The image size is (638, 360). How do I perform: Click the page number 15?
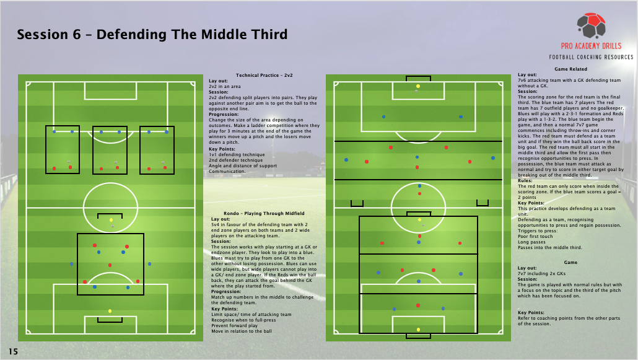13,351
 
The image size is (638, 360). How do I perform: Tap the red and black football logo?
591,25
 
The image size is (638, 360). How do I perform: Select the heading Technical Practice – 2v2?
264,76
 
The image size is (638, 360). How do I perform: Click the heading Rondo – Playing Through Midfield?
264,213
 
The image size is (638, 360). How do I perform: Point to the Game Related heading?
570,69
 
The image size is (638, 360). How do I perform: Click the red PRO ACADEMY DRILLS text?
591,46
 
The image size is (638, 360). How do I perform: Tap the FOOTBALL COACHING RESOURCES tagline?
591,58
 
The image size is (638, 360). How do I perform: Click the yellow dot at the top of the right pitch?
418,86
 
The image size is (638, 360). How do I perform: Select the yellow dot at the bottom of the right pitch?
418,330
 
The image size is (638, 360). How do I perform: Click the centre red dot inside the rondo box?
110,265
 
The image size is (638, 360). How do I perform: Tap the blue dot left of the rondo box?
72,264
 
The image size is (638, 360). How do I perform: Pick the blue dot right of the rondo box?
150,264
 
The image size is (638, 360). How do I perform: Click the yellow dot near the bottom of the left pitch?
110,311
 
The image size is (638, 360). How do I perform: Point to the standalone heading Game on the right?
570,263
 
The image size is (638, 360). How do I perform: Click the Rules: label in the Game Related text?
525,181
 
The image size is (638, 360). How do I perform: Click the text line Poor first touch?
535,236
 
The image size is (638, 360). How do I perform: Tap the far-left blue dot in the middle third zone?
346,160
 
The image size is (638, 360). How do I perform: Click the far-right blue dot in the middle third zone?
493,158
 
